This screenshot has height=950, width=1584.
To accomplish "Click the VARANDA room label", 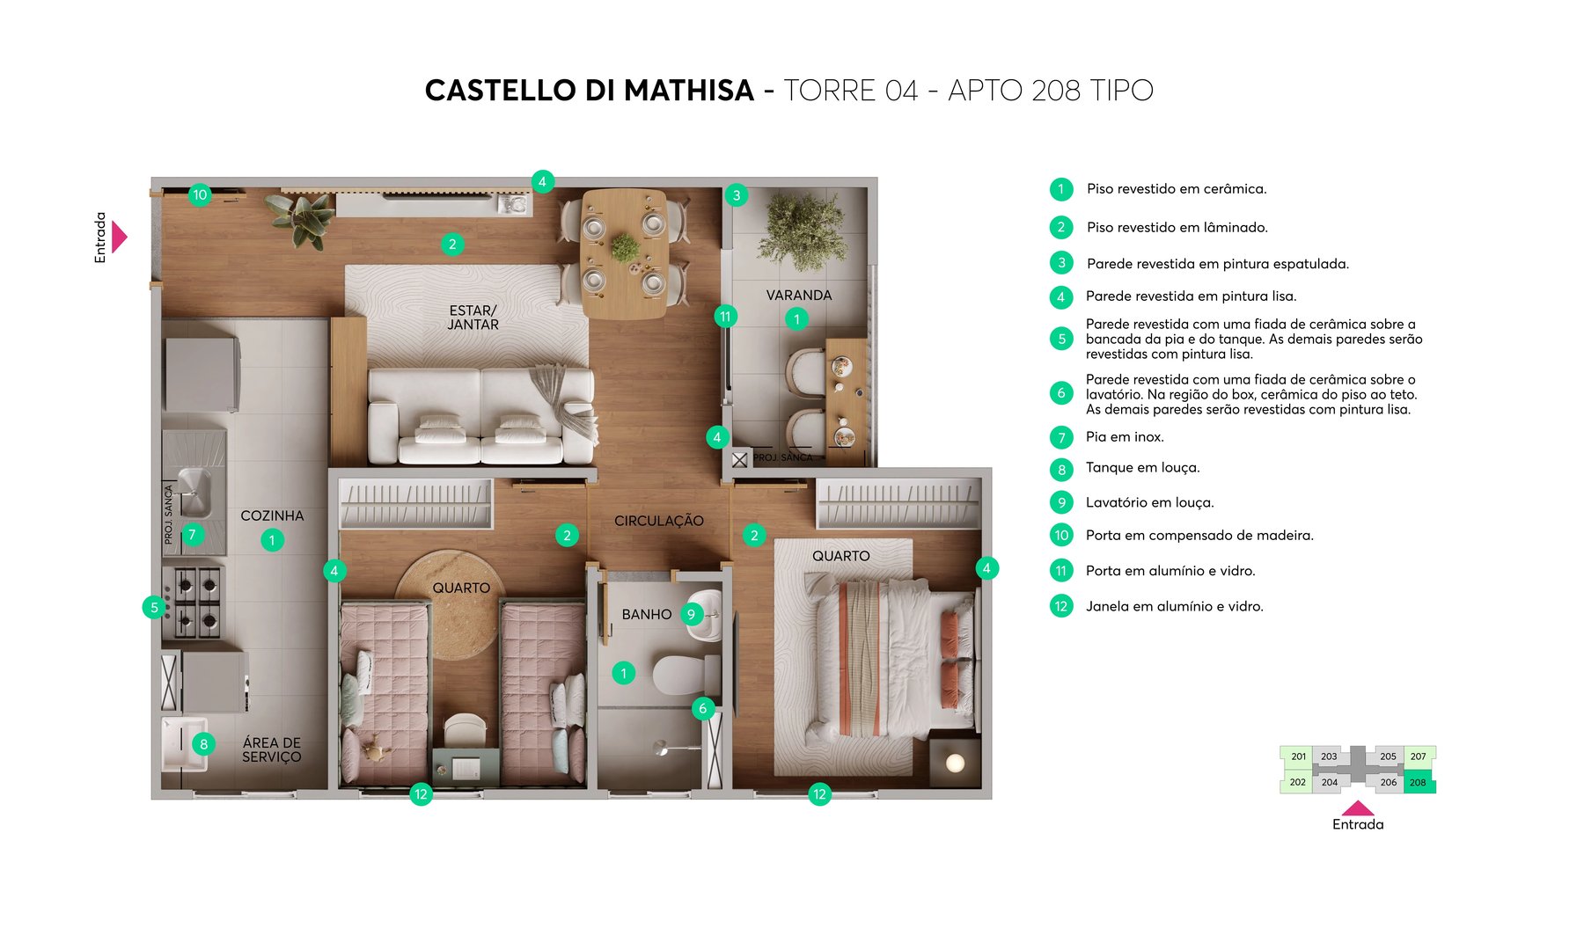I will [798, 295].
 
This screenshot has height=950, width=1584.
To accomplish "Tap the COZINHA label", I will [272, 515].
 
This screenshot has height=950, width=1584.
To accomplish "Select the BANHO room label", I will [646, 614].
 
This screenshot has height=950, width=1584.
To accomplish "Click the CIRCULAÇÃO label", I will [658, 521].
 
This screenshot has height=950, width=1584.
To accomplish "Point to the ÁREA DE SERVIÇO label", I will [271, 749].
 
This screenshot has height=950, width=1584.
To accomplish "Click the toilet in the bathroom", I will [682, 675].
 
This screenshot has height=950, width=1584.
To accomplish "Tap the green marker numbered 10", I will [200, 194].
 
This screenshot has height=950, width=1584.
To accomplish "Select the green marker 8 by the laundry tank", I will [203, 744].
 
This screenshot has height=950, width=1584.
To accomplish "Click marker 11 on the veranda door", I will [725, 317].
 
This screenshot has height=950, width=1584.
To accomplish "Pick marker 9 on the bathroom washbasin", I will [691, 614].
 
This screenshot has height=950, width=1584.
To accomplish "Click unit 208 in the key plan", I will [1418, 782].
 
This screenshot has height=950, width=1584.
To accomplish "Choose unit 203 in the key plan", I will [1329, 756].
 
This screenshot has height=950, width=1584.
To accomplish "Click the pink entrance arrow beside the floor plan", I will [120, 237].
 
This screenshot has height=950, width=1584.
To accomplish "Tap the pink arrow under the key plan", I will [1358, 807].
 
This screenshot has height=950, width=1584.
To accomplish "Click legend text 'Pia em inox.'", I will [1124, 437].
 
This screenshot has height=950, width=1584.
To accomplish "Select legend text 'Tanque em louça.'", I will [1142, 468].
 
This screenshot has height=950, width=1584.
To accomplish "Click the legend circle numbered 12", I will [1061, 606].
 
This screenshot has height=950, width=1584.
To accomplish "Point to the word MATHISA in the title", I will [689, 91].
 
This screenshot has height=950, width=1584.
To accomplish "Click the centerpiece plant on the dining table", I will [625, 247].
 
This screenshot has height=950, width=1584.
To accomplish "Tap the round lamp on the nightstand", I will [955, 763].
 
